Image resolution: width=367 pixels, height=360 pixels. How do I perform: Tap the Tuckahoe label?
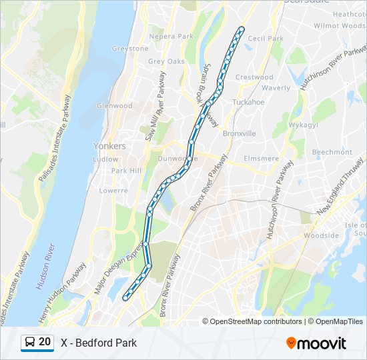click(248, 102)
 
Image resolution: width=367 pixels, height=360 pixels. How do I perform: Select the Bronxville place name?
click(239, 133)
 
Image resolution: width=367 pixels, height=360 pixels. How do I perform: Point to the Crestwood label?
click(254, 77)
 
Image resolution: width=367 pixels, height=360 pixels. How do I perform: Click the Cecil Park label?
click(266, 39)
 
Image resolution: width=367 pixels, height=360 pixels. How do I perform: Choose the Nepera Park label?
click(171, 36)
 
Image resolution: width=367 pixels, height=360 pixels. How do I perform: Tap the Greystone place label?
click(130, 49)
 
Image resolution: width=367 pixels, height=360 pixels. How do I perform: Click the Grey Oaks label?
click(166, 61)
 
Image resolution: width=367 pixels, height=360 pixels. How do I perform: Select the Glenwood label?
click(115, 105)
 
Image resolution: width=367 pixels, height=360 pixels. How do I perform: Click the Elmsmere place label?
click(262, 159)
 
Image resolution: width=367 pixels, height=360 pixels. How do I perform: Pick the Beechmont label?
click(332, 152)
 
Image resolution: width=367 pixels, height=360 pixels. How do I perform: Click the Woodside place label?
click(321, 235)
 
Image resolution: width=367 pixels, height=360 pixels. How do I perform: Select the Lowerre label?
click(113, 190)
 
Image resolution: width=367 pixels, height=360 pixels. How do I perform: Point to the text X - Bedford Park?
click(99, 343)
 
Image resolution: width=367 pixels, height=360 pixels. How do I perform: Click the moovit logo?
click(316, 343)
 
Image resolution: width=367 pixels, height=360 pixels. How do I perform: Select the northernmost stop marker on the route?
click(241, 29)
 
